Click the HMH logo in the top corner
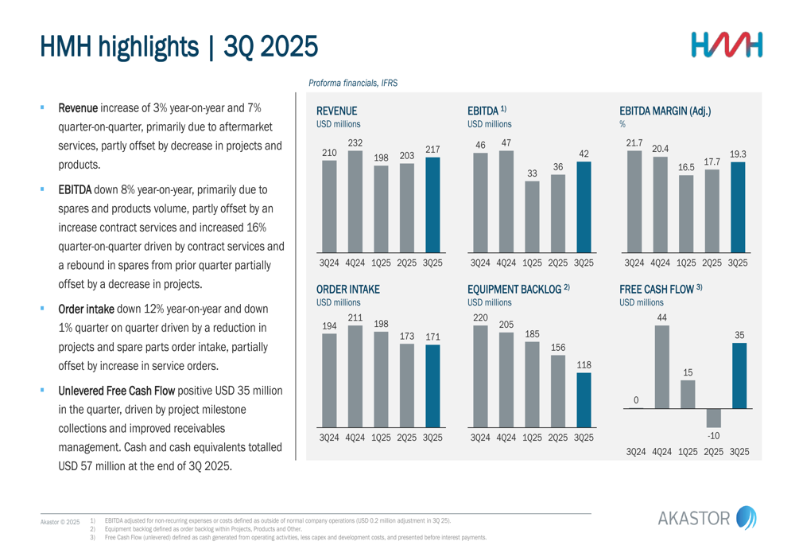[726, 45]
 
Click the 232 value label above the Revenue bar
[355, 142]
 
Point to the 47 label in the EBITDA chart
[506, 142]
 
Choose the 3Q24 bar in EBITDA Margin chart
[634, 201]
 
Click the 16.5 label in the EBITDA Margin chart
[686, 168]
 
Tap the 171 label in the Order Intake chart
[432, 337]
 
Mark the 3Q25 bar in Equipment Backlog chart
[584, 400]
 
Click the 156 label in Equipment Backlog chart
[558, 348]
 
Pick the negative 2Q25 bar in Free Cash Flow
[713, 418]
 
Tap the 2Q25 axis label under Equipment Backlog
[558, 438]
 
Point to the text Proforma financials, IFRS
[353, 83]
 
